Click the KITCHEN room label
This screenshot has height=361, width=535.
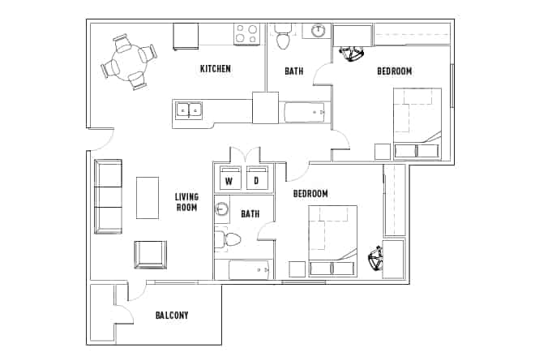point(216,69)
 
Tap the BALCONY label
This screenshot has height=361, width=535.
point(171,315)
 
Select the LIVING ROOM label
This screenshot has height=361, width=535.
point(186,202)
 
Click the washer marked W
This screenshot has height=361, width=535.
point(229,180)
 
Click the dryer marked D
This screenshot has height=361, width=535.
point(257,180)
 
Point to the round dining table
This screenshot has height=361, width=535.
point(128,62)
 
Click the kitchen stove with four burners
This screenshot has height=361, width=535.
point(246,34)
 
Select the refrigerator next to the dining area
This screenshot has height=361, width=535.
point(186,37)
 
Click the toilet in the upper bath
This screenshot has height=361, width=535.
point(283,38)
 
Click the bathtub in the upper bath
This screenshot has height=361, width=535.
point(305,112)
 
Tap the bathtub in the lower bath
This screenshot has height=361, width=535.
point(250,269)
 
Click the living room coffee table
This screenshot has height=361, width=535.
point(148,197)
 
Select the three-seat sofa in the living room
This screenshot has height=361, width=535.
point(108,197)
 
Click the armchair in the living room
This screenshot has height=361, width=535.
point(150,255)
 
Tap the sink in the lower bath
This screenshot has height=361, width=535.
point(222,209)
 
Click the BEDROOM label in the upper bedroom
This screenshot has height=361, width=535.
point(394,71)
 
